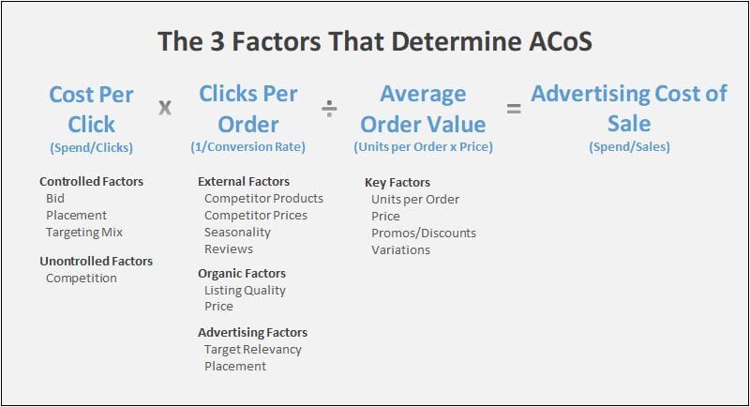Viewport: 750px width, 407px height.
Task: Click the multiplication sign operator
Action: (x=165, y=108)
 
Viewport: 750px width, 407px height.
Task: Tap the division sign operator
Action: (x=329, y=109)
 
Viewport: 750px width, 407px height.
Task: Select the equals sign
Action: (x=514, y=109)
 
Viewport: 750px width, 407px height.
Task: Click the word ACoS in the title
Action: (x=560, y=41)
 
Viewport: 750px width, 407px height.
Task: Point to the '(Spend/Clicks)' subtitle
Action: (x=91, y=148)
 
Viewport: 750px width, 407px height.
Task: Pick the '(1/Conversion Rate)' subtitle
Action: (x=247, y=147)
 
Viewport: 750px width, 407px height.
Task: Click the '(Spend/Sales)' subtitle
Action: (x=629, y=147)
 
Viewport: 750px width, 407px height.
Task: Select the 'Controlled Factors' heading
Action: (x=91, y=182)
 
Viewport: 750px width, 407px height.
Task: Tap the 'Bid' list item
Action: (x=55, y=199)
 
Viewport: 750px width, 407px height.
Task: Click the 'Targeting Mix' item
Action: (x=84, y=233)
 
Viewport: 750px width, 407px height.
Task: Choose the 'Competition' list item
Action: (x=82, y=279)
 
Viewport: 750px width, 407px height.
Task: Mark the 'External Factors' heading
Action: (x=244, y=182)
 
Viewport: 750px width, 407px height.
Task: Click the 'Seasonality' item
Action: (x=237, y=233)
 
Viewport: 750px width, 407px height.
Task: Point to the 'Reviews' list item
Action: (x=229, y=249)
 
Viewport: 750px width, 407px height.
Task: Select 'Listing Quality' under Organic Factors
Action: (x=245, y=291)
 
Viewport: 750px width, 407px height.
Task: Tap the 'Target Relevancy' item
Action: (x=252, y=350)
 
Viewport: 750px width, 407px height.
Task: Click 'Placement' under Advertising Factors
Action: (x=235, y=367)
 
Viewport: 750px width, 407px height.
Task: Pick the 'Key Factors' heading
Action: (x=397, y=183)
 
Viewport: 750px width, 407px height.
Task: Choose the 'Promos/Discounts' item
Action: (x=424, y=234)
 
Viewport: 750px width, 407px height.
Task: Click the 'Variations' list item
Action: (x=400, y=250)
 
